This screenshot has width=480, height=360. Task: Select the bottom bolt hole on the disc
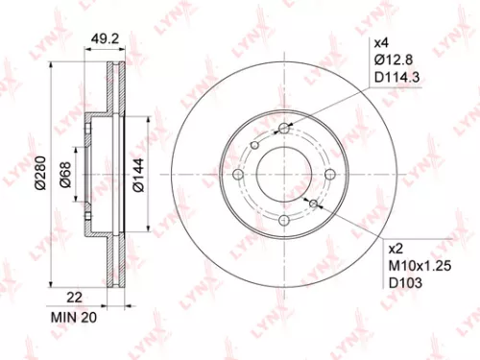click(284, 221)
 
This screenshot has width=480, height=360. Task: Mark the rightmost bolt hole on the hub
click(329, 176)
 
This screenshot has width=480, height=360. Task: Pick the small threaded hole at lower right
click(313, 204)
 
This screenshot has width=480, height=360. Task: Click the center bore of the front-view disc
click(284, 176)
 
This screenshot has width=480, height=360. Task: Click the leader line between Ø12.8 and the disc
click(326, 96)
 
